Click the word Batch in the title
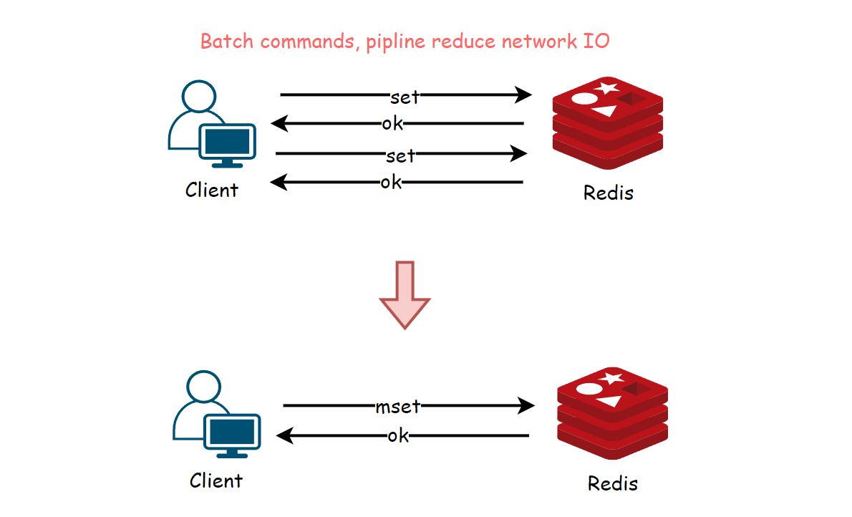point(227,42)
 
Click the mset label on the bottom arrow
point(398,406)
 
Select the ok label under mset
point(398,435)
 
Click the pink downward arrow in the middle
point(405,295)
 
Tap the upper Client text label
point(212,190)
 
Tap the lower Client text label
point(216,480)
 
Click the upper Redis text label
point(608,193)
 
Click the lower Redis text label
point(612,483)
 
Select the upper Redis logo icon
point(607,123)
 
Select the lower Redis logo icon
point(612,413)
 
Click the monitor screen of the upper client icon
point(227,141)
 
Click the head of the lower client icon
point(204,387)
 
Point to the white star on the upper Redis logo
point(606,87)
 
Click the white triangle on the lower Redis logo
point(610,401)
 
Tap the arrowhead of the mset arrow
point(526,405)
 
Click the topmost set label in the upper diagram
point(405,97)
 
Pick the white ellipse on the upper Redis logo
point(585,99)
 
